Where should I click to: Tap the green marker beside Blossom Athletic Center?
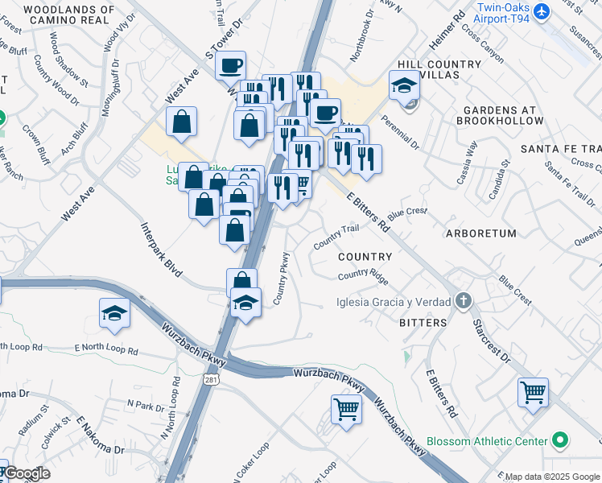pos(561,441)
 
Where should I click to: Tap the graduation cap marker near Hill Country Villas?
pos(404,84)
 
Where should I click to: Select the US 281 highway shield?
pos(212,378)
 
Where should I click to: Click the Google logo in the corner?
pos(26,473)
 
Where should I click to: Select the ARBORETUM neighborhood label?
pos(480,233)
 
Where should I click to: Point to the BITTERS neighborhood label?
pos(423,323)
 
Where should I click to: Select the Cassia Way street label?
pos(467,163)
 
